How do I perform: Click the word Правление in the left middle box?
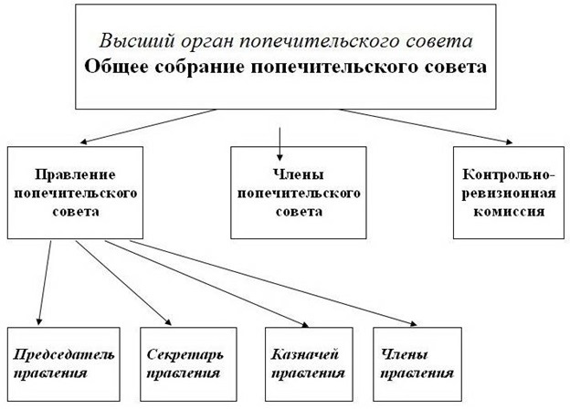click(75, 174)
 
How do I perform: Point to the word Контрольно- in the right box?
click(509, 174)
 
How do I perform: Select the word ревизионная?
click(509, 194)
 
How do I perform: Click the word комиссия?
click(509, 212)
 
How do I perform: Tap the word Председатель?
click(64, 354)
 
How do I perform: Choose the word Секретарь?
click(185, 354)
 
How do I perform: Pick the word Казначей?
click(304, 354)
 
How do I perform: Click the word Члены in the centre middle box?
click(298, 174)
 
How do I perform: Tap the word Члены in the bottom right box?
click(404, 354)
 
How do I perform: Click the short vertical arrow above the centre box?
click(280, 144)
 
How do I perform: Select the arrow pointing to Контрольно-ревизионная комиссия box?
click(426, 126)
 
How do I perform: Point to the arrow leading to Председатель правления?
click(45, 283)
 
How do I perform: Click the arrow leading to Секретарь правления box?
click(123, 283)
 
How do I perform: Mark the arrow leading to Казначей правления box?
click(206, 283)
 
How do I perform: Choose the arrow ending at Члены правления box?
click(273, 283)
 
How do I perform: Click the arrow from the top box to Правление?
click(148, 126)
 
